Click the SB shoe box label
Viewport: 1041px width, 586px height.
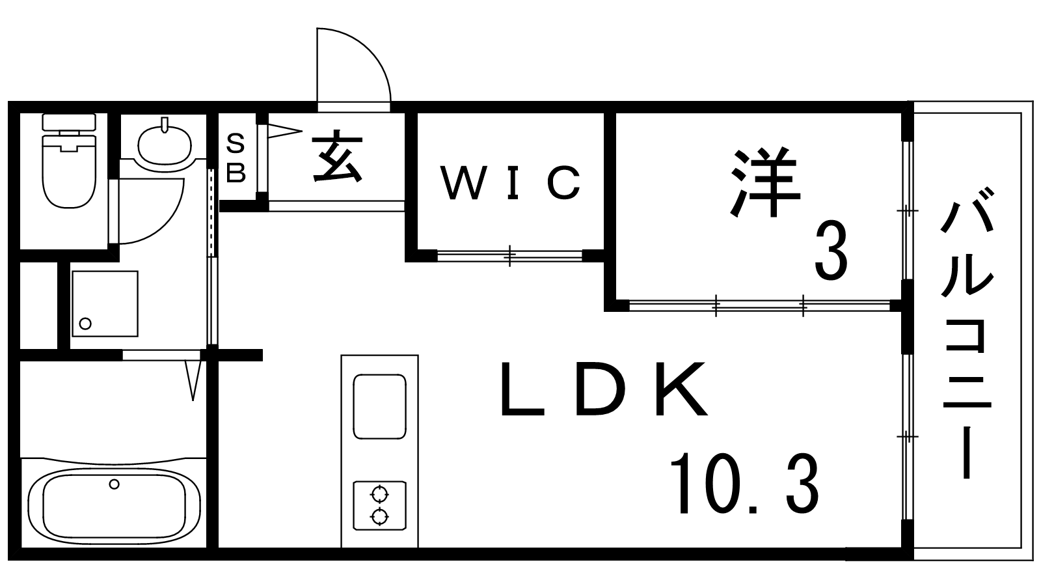(236, 158)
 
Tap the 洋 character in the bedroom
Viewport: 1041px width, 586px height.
(765, 183)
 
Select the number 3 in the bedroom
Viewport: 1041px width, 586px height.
(831, 251)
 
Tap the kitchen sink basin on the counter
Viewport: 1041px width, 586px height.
(379, 406)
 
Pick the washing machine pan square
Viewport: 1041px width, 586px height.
(105, 303)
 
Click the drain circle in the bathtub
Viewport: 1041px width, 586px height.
(115, 484)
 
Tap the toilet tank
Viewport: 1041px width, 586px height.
(68, 122)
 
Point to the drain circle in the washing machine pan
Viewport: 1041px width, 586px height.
(85, 322)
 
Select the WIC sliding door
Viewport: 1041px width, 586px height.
(509, 255)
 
